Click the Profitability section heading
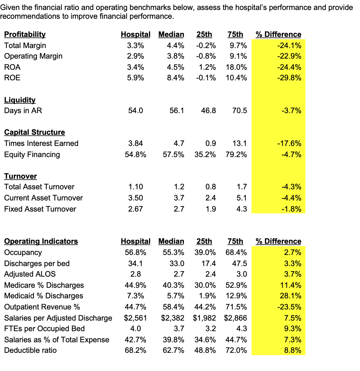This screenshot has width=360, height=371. (25, 35)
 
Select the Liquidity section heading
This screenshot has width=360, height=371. (20, 100)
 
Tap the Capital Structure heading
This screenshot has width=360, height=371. (35, 132)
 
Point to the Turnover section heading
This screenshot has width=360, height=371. (21, 176)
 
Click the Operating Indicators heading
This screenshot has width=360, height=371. (41, 241)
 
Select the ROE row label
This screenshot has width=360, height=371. (12, 78)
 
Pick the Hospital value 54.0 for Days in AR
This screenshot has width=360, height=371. (135, 110)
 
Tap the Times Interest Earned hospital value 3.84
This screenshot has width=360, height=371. (135, 143)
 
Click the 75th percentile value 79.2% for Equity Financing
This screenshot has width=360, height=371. (236, 154)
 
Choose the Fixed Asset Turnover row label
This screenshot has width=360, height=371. (40, 209)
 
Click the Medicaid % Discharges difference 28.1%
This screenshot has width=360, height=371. (291, 296)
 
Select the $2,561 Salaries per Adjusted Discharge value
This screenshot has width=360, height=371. (135, 318)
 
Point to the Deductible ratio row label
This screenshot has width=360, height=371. (30, 350)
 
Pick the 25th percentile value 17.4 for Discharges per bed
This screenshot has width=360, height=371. (208, 263)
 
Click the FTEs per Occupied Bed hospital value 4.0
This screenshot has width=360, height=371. (135, 329)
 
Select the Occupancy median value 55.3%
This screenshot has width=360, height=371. (173, 252)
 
